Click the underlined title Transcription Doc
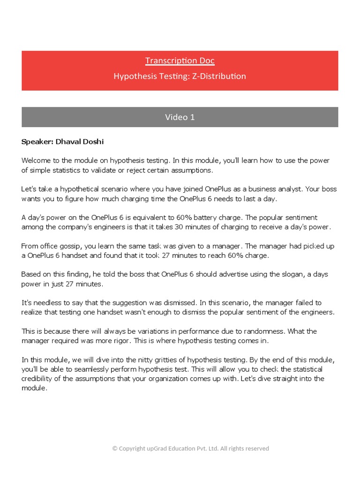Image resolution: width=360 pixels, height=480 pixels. [x=180, y=60]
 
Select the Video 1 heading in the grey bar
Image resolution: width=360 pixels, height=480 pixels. [x=180, y=117]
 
